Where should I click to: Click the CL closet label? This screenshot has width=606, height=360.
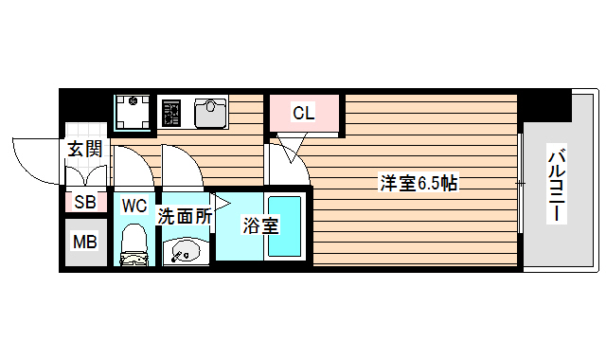303,114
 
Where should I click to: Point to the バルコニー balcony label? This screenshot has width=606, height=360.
559,187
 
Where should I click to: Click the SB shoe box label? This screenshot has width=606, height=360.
84,201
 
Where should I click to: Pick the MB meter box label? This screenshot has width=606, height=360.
84,242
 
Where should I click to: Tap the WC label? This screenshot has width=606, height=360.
134,205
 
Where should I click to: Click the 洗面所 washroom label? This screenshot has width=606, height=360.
184,215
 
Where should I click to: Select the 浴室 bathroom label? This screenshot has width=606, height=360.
259,225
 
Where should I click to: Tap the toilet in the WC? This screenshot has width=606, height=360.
134,243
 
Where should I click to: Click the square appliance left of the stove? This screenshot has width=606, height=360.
134,114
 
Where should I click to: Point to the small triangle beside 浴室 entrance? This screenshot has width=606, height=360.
221,202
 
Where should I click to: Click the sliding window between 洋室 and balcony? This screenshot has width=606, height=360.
522,180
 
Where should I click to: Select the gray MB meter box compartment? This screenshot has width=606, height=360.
84,242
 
